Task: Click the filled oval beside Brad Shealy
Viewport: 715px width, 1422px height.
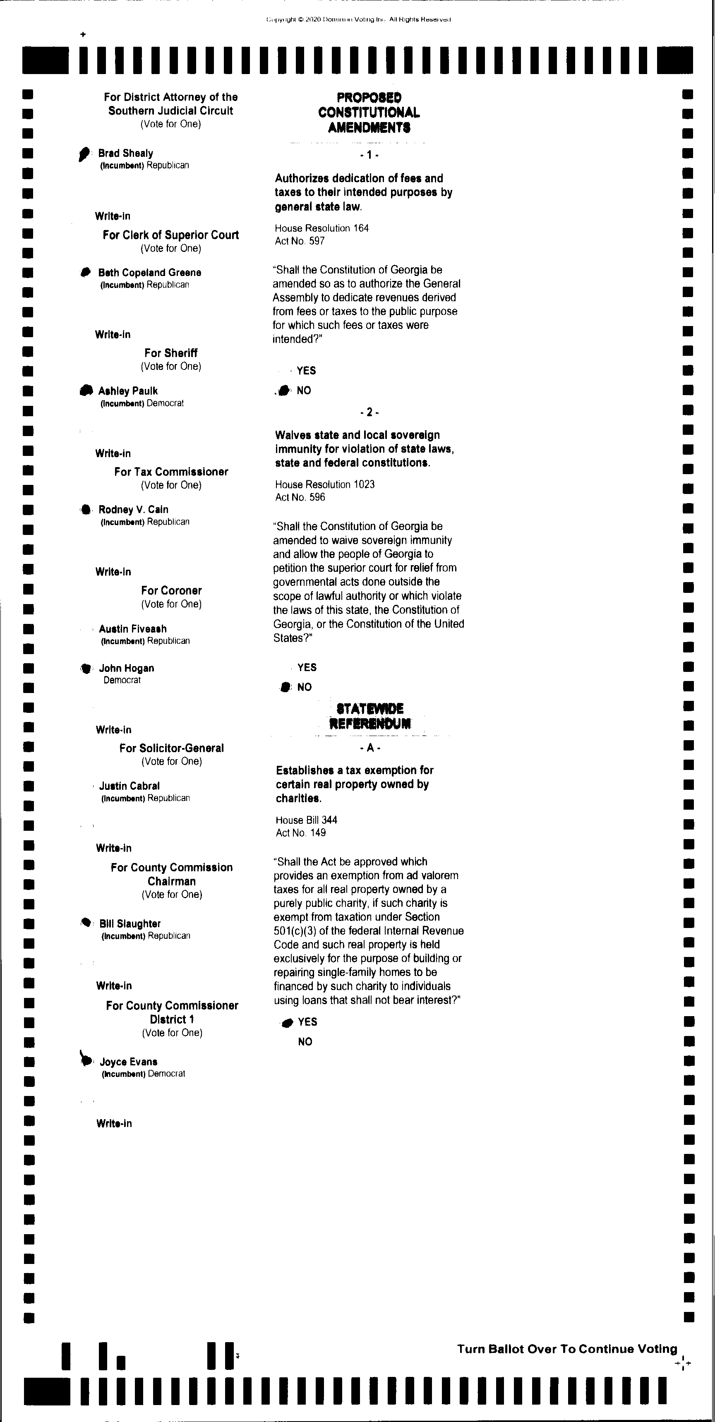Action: point(84,153)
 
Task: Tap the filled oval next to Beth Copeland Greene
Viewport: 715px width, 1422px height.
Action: point(85,272)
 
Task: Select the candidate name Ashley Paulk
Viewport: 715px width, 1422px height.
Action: point(127,391)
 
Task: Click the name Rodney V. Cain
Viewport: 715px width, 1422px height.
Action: point(133,509)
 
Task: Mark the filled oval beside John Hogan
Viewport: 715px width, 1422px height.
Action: point(86,668)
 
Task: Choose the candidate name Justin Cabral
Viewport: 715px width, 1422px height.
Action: point(129,786)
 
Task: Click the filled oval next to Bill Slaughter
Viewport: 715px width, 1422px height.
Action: point(86,922)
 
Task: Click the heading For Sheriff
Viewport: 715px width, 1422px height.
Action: point(170,353)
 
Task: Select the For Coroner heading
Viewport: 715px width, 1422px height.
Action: point(171,590)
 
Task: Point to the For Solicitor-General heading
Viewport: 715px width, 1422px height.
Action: point(171,748)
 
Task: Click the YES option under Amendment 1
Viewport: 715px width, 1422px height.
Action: point(306,370)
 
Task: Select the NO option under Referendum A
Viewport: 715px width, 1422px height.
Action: point(305,1042)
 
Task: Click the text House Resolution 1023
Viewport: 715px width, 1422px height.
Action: point(325,484)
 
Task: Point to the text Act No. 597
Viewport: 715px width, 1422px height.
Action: point(300,241)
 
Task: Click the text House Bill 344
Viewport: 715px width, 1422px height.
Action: point(307,820)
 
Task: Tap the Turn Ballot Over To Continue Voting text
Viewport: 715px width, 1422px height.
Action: point(567,1349)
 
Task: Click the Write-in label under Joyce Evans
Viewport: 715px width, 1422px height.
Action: point(114,1123)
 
